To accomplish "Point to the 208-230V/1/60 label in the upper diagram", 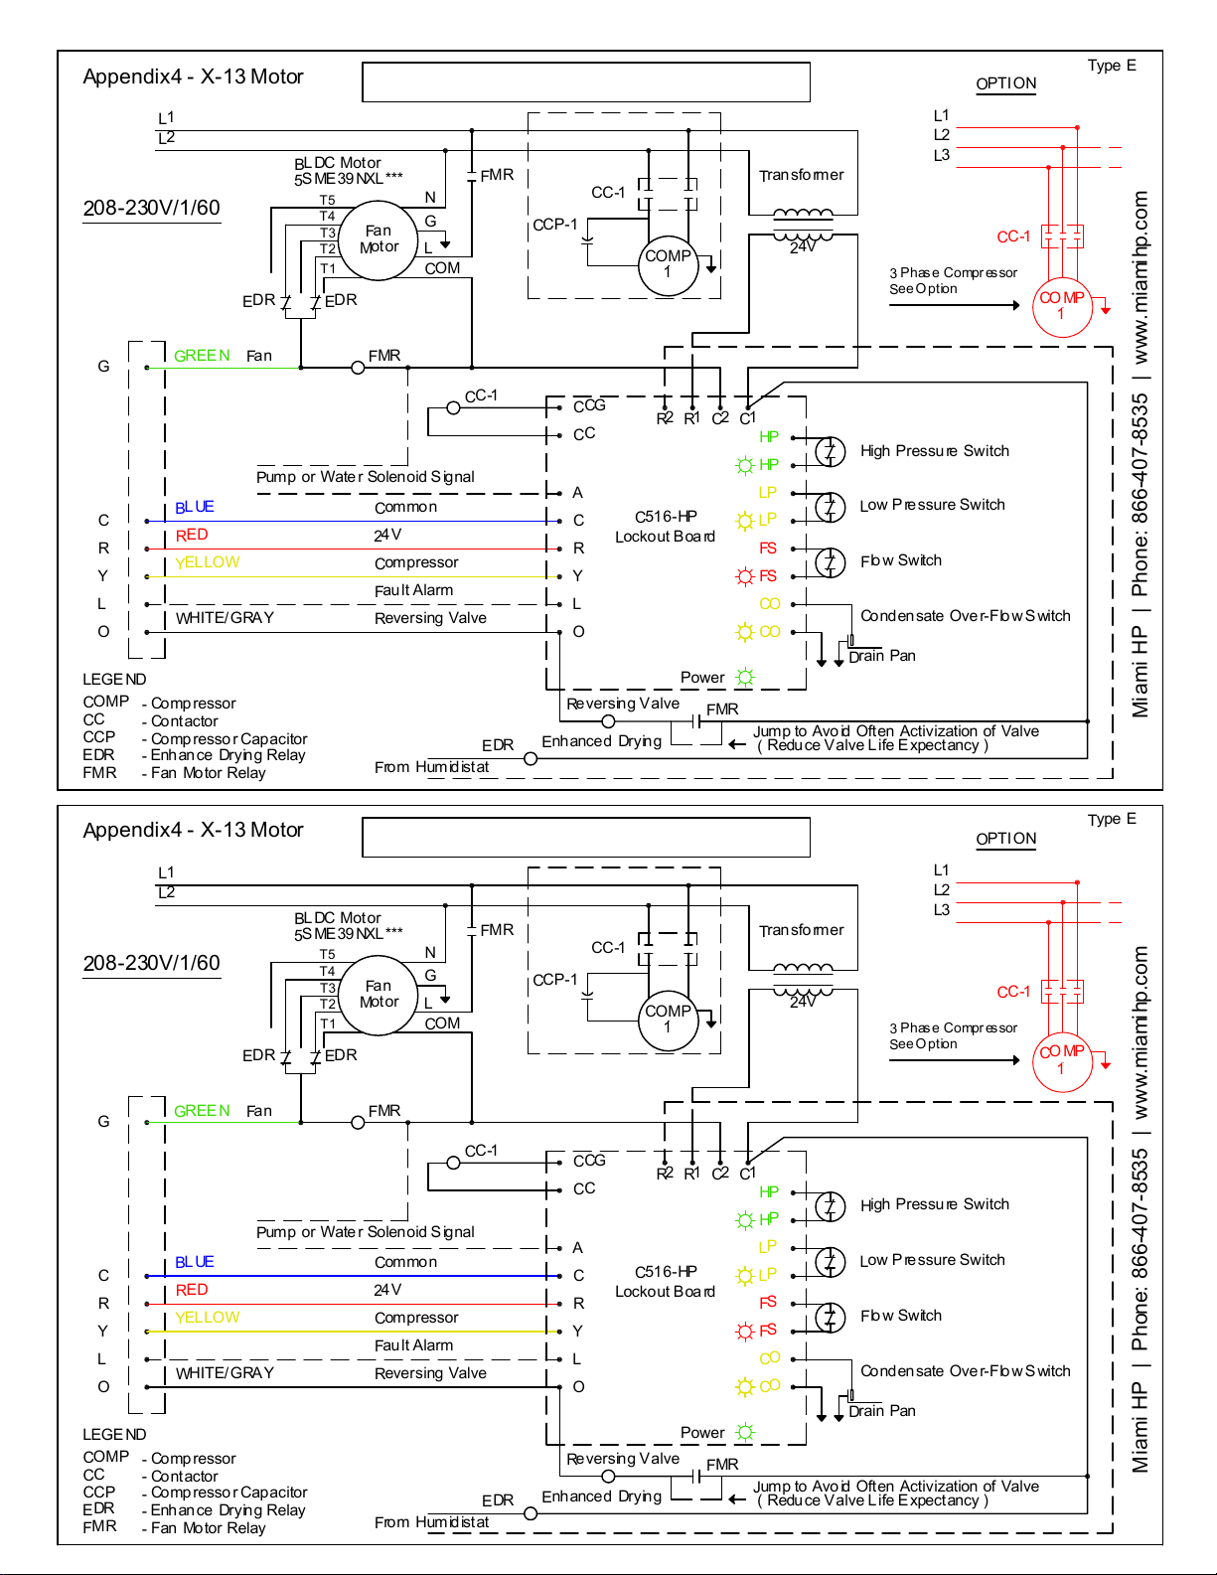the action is (151, 208).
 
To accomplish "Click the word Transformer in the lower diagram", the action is (801, 930).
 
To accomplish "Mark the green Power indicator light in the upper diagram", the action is (745, 678).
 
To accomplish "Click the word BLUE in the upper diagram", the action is (194, 508).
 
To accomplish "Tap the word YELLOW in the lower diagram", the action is (208, 1318).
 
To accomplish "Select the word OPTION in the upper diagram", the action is (1006, 83).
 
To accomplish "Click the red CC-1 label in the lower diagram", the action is (1013, 992).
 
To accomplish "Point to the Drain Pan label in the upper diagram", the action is (882, 656).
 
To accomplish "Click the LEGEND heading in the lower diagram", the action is (114, 1434).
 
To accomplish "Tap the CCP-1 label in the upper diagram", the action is (555, 225).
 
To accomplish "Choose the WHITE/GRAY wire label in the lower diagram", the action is (225, 1372).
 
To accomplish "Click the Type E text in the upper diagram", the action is (1112, 66).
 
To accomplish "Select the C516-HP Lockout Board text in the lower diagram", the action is (665, 1282).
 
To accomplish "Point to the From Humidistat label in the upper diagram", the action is (432, 767).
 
